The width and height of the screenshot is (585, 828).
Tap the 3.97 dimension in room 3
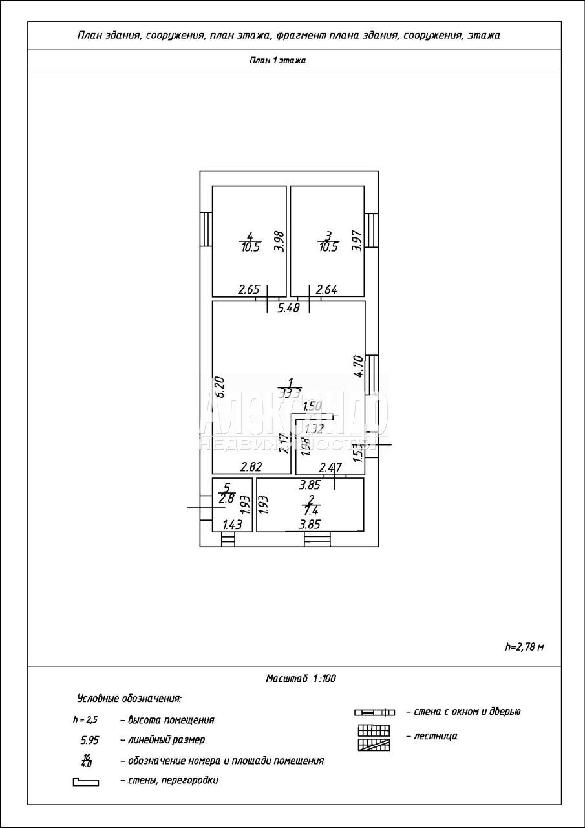pos(356,241)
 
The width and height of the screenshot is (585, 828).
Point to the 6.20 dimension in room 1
pos(219,387)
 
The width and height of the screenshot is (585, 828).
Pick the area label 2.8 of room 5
pos(226,498)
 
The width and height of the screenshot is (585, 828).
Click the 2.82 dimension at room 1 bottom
pos(251,466)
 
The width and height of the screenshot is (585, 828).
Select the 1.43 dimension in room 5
pos(231,525)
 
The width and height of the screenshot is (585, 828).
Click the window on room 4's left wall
pos(206,230)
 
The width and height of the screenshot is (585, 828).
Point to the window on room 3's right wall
pos(371,230)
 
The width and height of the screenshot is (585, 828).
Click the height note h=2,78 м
pos(524,646)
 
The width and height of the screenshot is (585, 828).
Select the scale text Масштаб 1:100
pos(301,679)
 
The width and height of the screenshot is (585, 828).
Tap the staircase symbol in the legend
pos(375,737)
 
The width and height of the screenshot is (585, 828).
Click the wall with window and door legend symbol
pos(374,712)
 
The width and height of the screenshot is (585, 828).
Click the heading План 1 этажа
pos(277,61)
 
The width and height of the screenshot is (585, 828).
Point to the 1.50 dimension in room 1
pos(312,406)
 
